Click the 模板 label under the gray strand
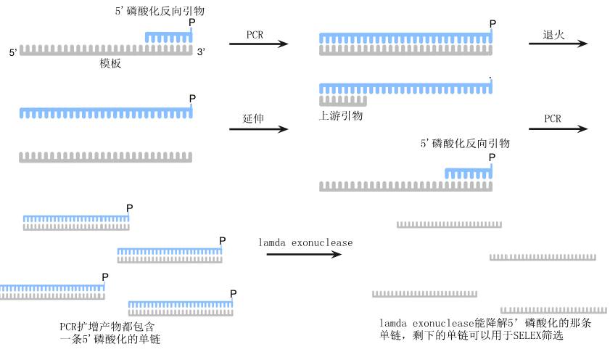tap(110, 64)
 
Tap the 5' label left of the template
tap(12, 52)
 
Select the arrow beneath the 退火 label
tap(557, 44)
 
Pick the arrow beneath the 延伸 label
tap(258, 130)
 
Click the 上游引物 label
tap(341, 115)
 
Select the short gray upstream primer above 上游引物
tap(342, 100)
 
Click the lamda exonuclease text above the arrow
tap(305, 242)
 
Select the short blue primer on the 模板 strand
tap(168, 36)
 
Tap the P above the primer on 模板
tap(191, 23)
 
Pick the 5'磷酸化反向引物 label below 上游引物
tap(465, 143)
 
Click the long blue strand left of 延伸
tap(106, 112)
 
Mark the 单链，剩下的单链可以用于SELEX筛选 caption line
tap(471, 337)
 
